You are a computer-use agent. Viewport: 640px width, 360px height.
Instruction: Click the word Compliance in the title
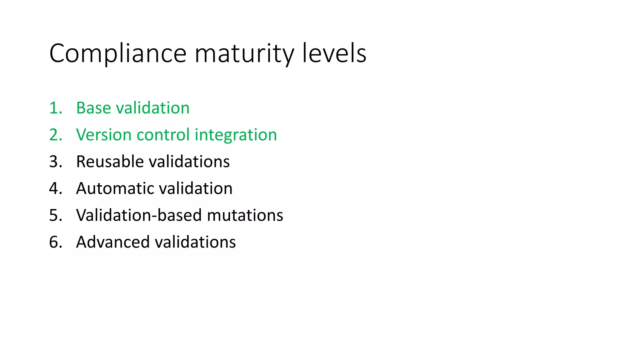pos(118,54)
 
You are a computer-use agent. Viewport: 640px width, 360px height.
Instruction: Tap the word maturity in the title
pos(244,54)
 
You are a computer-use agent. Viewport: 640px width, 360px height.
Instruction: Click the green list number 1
pos(55,108)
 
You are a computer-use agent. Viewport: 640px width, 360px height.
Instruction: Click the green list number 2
pos(55,135)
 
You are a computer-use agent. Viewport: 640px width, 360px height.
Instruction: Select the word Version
pos(104,135)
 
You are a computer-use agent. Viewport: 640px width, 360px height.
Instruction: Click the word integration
pos(236,135)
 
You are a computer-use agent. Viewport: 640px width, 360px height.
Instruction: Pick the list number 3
pos(55,162)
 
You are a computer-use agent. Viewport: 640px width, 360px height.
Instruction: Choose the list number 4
pos(55,189)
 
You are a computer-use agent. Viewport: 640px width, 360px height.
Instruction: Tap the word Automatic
pos(115,189)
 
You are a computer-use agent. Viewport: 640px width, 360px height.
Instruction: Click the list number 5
pos(55,216)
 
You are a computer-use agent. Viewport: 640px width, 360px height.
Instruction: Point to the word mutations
pos(245,216)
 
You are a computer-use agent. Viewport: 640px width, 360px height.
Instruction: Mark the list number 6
pos(55,242)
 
